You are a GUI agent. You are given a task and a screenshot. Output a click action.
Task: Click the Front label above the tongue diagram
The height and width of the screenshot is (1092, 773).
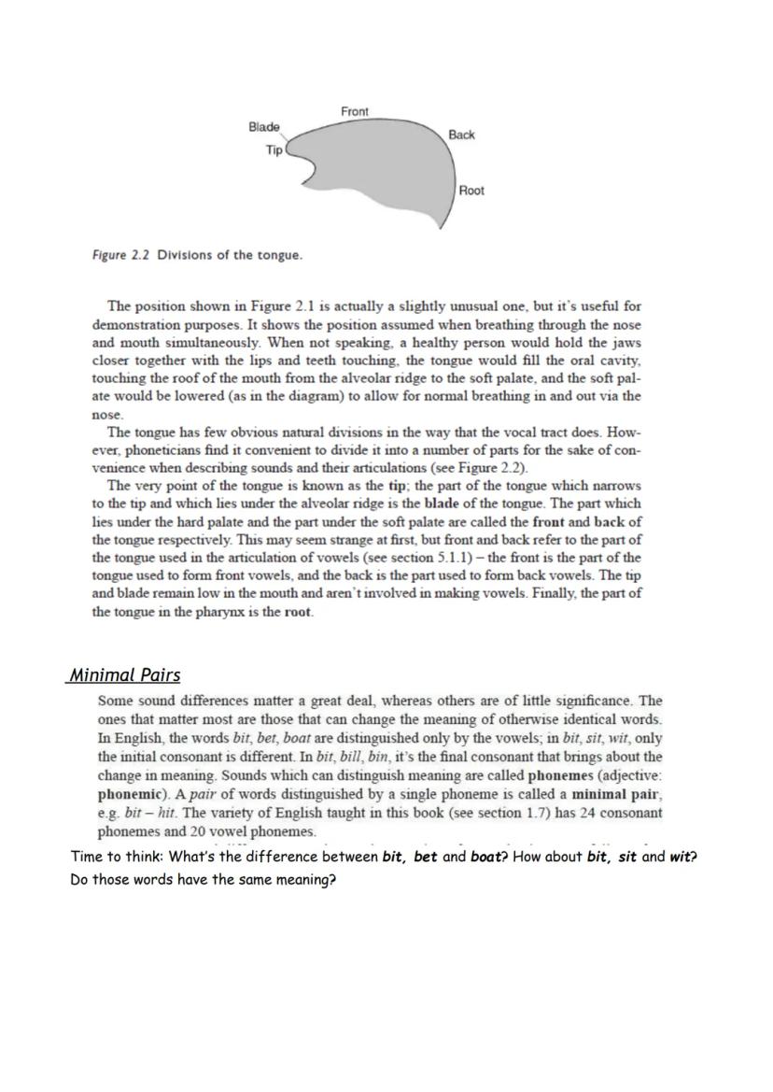pyautogui.click(x=354, y=111)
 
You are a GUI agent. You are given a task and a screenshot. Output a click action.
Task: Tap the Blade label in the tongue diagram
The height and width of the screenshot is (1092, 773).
pyautogui.click(x=263, y=127)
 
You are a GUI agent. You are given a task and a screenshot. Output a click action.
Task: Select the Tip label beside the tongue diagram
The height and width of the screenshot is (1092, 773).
pyautogui.click(x=274, y=149)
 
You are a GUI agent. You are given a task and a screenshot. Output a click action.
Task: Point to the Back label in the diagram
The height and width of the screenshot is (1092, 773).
pyautogui.click(x=461, y=135)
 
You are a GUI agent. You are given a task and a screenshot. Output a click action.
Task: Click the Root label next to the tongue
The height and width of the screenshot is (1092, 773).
pyautogui.click(x=471, y=191)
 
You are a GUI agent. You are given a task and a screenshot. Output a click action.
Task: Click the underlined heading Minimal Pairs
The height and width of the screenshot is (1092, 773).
pyautogui.click(x=125, y=674)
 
